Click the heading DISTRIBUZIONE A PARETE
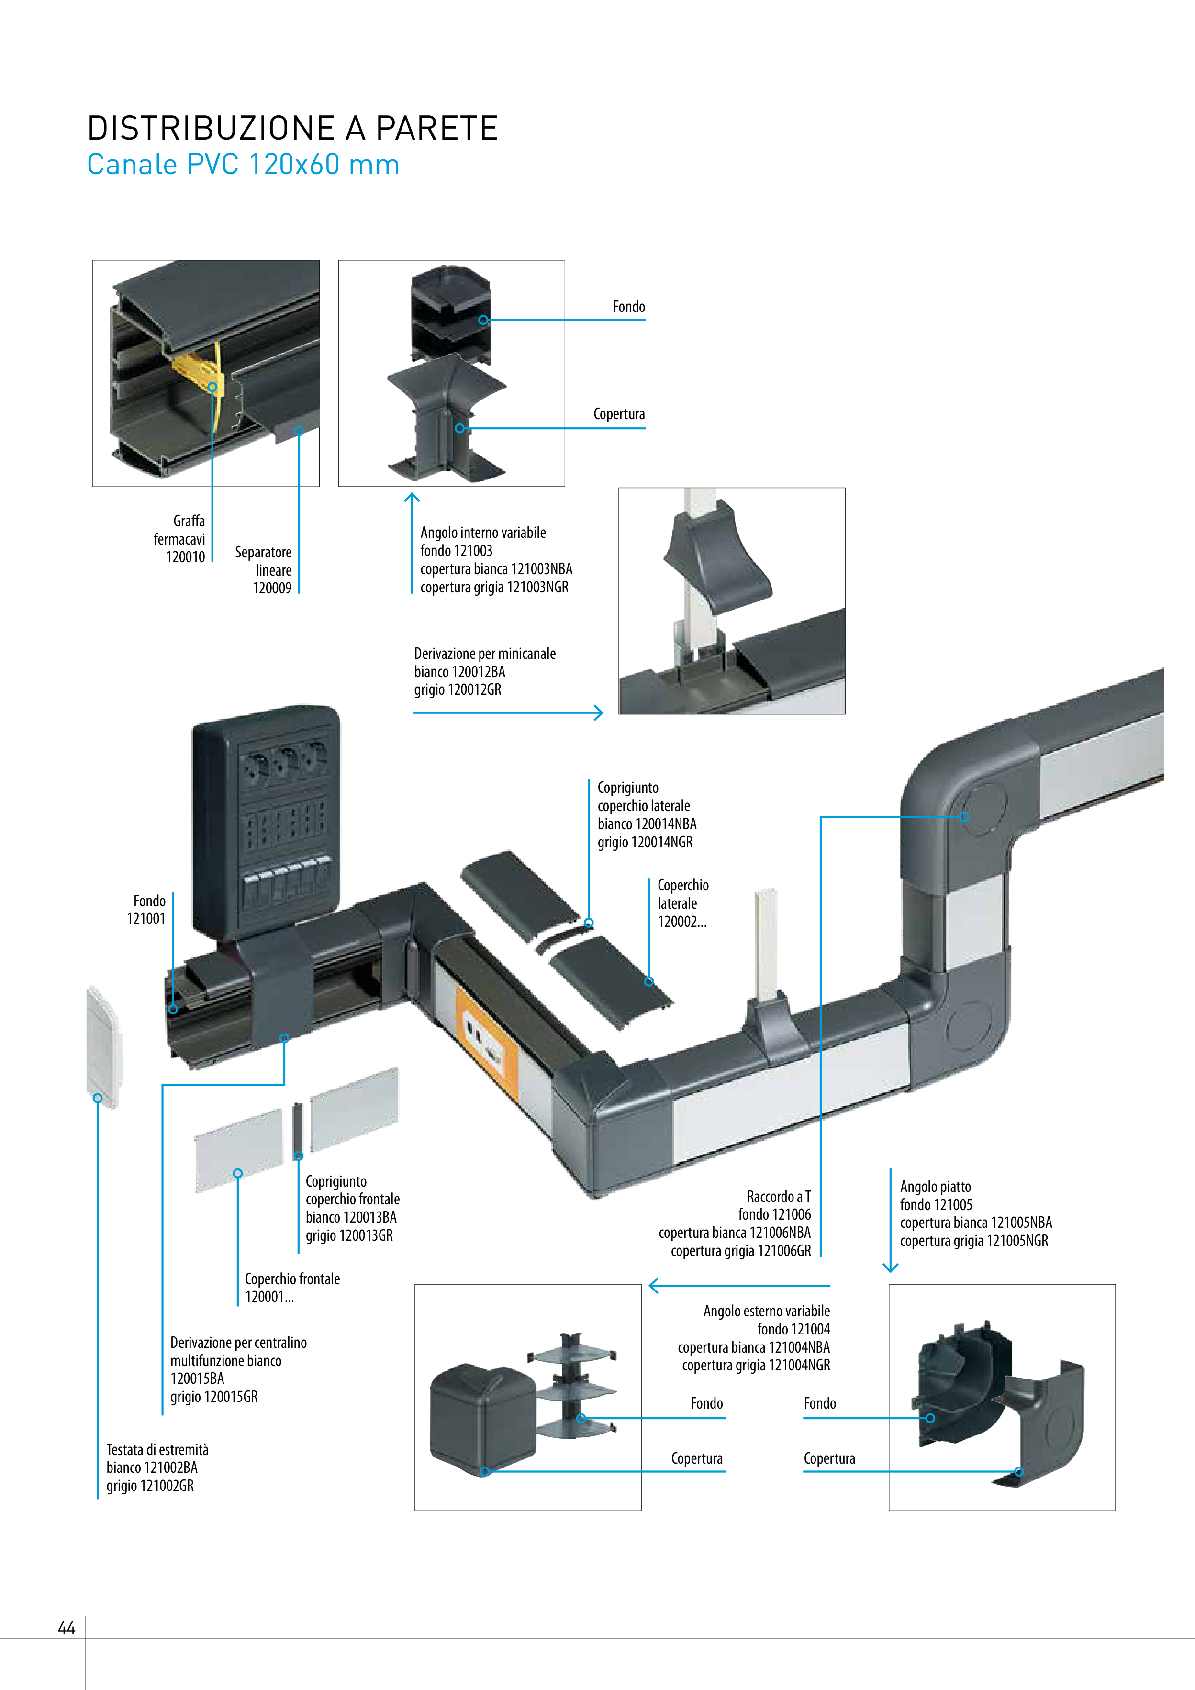tap(292, 128)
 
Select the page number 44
tap(66, 1627)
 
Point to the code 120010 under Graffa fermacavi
tap(186, 557)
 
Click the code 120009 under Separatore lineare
tap(272, 588)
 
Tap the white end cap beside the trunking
tap(104, 1045)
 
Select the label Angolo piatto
tap(935, 1187)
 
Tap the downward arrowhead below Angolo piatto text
tap(890, 1267)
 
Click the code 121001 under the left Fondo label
tap(146, 919)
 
